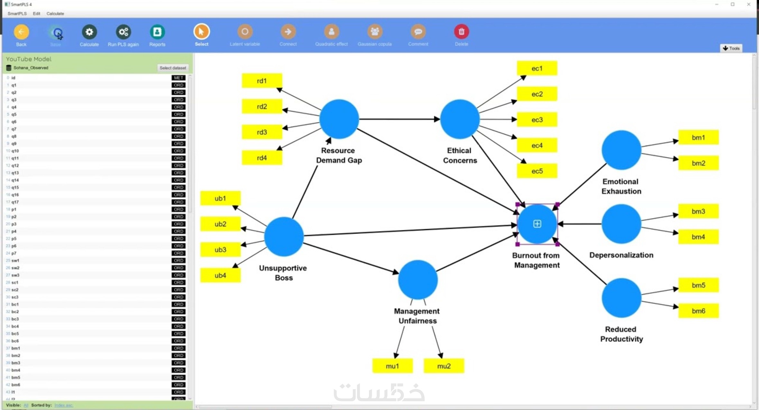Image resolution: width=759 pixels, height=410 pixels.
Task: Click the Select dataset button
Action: [x=173, y=68]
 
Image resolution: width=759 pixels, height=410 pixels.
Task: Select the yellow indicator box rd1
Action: [x=262, y=81]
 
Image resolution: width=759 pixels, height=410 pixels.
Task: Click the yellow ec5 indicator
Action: [x=537, y=171]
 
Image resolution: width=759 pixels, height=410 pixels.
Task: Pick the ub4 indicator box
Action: [x=220, y=275]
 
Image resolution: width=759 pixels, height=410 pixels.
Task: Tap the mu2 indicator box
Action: [x=444, y=366]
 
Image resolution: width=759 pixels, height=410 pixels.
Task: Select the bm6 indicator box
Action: [x=698, y=311]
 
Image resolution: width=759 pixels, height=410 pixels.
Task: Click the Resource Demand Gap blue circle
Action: [x=339, y=119]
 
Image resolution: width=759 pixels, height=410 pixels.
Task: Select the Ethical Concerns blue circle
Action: [x=460, y=119]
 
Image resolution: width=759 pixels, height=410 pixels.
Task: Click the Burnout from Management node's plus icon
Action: [x=537, y=224]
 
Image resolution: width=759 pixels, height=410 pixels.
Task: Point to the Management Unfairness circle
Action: [x=417, y=280]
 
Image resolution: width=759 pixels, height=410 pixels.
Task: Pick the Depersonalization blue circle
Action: [x=621, y=224]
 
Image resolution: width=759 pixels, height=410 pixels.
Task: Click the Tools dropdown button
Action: [x=731, y=48]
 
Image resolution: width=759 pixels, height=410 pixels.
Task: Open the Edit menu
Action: [x=36, y=13]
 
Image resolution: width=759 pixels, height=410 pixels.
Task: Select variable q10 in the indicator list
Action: [x=15, y=151]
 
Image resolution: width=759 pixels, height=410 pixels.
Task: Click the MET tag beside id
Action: [x=178, y=78]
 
